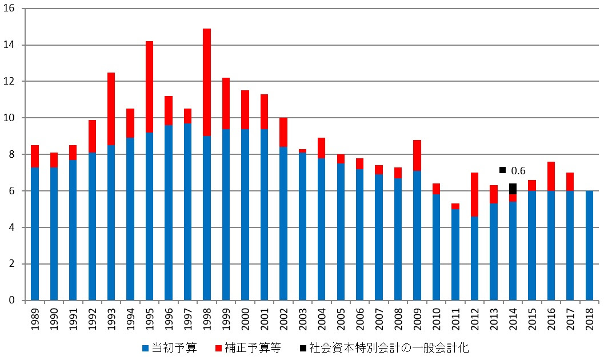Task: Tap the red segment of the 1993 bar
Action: (111, 109)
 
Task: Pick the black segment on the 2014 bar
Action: (513, 189)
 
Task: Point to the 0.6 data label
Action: (518, 170)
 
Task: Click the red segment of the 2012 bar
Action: (474, 194)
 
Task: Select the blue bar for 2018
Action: (589, 246)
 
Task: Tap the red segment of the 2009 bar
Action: (417, 155)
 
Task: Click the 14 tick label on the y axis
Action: (11, 45)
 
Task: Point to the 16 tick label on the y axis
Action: (11, 9)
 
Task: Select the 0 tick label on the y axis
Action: (13, 301)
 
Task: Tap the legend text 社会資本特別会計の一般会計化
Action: (388, 347)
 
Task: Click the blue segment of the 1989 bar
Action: (35, 234)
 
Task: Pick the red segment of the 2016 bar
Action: (551, 176)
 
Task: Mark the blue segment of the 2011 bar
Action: (455, 255)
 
